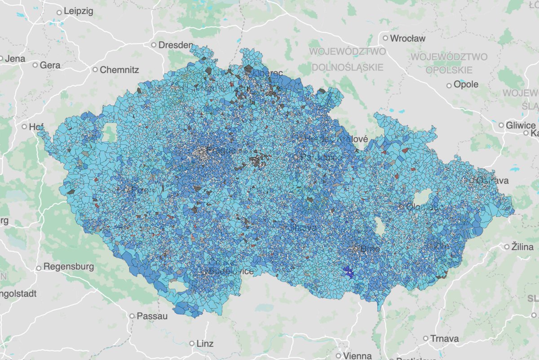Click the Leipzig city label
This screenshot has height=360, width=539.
point(78,12)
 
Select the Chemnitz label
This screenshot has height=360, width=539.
point(119,70)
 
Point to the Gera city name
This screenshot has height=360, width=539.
point(50,65)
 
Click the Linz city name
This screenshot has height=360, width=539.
point(204,344)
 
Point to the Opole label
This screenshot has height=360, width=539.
point(466,84)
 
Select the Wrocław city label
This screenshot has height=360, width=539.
point(407,39)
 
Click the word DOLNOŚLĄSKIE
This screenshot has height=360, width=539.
point(348,67)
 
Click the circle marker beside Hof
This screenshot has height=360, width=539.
point(24,127)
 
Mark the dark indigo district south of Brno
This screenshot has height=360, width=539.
point(348,271)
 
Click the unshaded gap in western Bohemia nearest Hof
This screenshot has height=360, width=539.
point(110,132)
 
